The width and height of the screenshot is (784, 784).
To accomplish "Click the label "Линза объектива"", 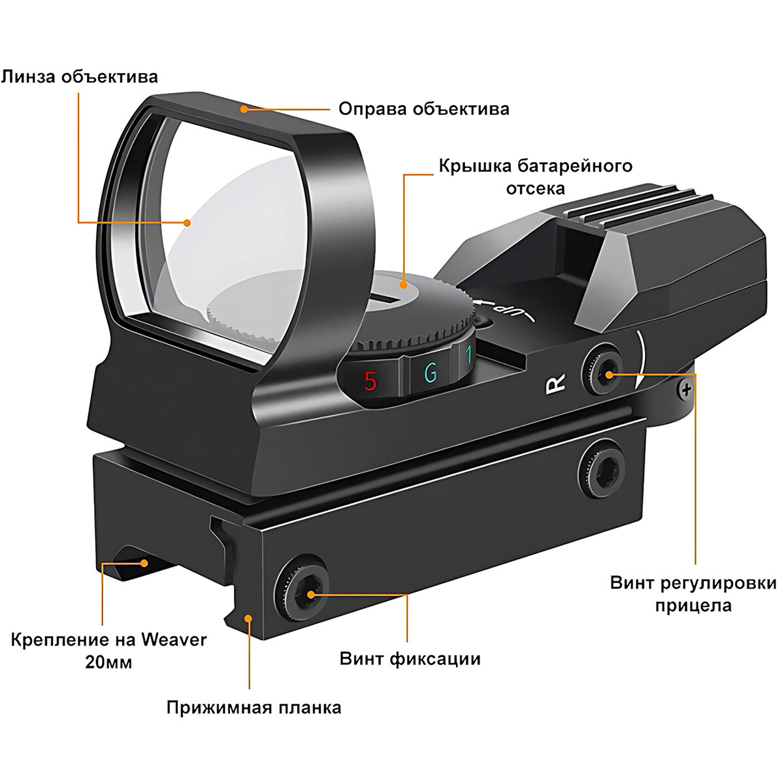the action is pyautogui.click(x=79, y=77).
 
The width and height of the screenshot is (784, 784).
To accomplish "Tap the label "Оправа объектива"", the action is pyautogui.click(x=423, y=108).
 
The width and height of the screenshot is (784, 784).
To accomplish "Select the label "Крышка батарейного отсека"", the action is pyautogui.click(x=535, y=176).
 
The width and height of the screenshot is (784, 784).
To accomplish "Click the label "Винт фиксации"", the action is pyautogui.click(x=410, y=658).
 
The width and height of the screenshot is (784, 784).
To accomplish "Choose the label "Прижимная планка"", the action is pyautogui.click(x=253, y=707).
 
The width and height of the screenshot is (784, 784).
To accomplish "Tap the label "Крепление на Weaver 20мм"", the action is pyautogui.click(x=108, y=649).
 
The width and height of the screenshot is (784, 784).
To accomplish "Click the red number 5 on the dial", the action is pyautogui.click(x=370, y=381).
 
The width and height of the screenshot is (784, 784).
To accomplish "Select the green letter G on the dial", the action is pyautogui.click(x=431, y=373).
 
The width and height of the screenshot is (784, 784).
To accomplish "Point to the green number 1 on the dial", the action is pyautogui.click(x=468, y=357).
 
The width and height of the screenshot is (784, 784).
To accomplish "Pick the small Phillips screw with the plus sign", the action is pyautogui.click(x=685, y=391).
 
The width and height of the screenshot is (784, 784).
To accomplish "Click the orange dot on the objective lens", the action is pyautogui.click(x=188, y=222).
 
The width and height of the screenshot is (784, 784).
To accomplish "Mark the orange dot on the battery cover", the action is pyautogui.click(x=404, y=285).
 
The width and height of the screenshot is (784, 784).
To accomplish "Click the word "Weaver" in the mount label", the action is pyautogui.click(x=174, y=638).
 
